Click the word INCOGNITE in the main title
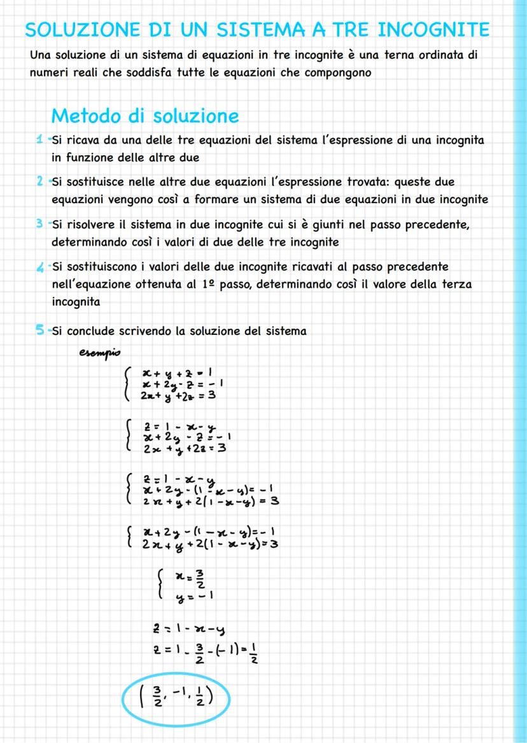pyautogui.click(x=434, y=30)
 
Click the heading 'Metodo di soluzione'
pyautogui.click(x=144, y=116)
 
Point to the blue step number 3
pyautogui.click(x=39, y=225)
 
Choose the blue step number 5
pyautogui.click(x=39, y=330)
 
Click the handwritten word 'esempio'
pyautogui.click(x=99, y=353)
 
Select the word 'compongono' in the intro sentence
pyautogui.click(x=336, y=73)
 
